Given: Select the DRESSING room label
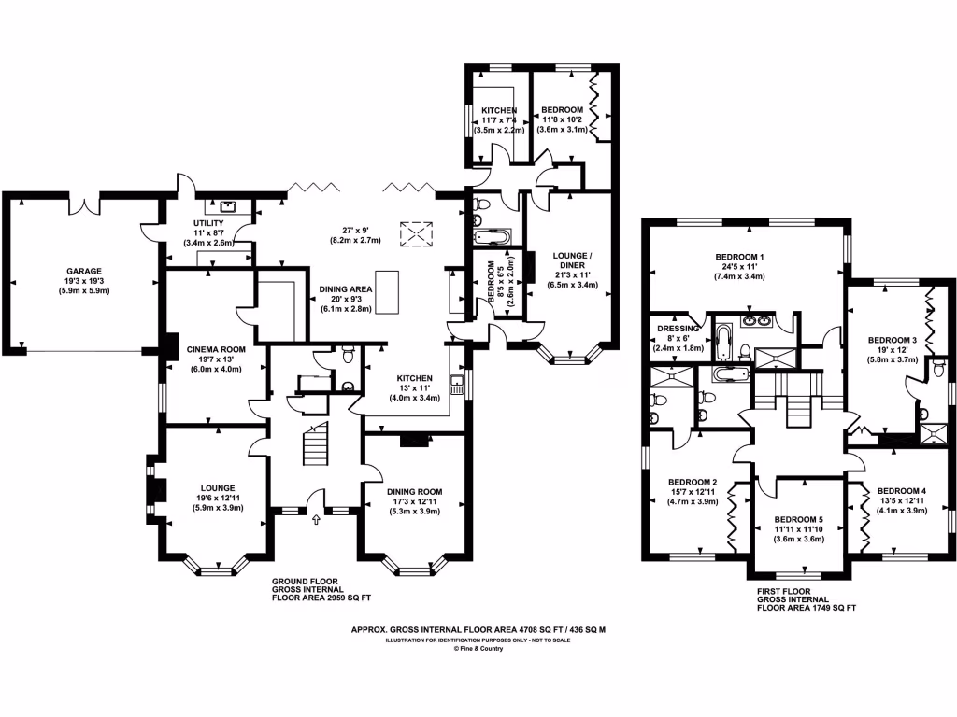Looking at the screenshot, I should [x=674, y=328].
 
